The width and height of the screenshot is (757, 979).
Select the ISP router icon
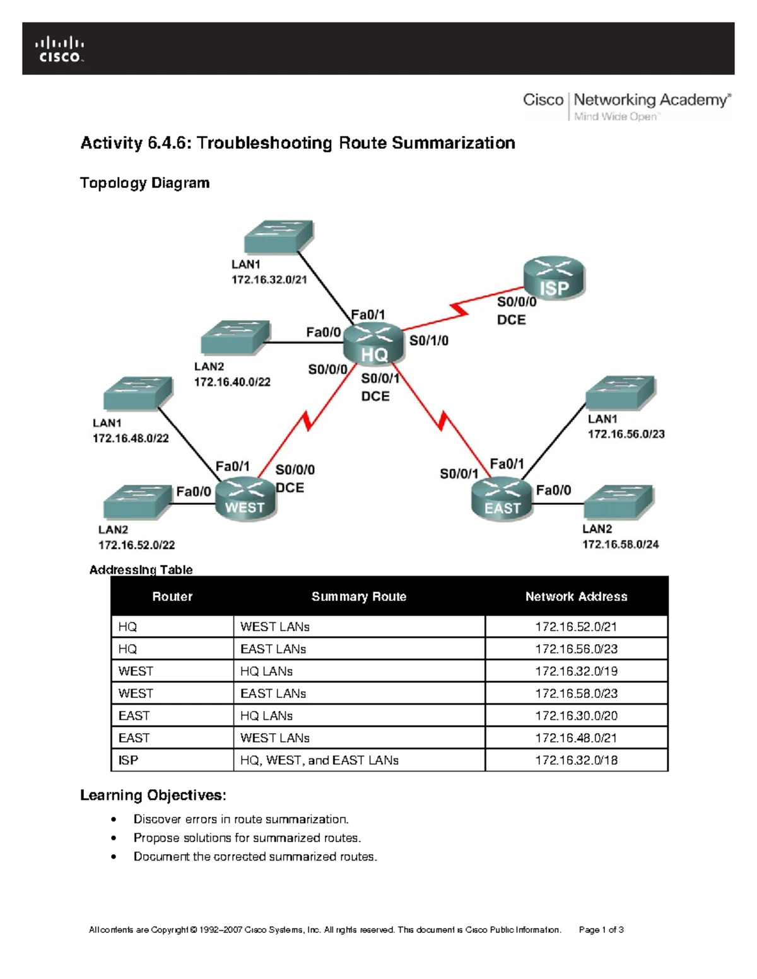[x=554, y=278]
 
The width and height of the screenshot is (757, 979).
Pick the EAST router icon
[x=502, y=499]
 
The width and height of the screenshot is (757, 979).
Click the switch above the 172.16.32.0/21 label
[x=278, y=236]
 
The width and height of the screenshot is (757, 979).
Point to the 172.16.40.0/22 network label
[x=232, y=382]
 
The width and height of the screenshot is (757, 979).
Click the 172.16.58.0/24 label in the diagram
[x=620, y=544]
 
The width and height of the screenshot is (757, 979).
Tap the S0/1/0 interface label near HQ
[x=429, y=341]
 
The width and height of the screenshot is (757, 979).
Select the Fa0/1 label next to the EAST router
[x=507, y=464]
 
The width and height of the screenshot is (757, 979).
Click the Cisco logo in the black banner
[x=60, y=49]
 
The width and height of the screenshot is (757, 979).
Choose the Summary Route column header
[x=359, y=596]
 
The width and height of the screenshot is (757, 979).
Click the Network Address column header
[x=576, y=596]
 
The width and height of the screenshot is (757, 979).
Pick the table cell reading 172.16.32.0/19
[x=576, y=671]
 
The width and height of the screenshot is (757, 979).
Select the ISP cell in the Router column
[x=129, y=760]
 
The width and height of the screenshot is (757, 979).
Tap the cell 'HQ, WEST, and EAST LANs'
[x=319, y=760]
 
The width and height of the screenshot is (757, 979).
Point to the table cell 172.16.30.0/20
[x=576, y=715]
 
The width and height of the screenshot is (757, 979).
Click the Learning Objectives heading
[x=153, y=796]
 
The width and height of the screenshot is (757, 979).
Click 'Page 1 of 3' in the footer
[x=601, y=930]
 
